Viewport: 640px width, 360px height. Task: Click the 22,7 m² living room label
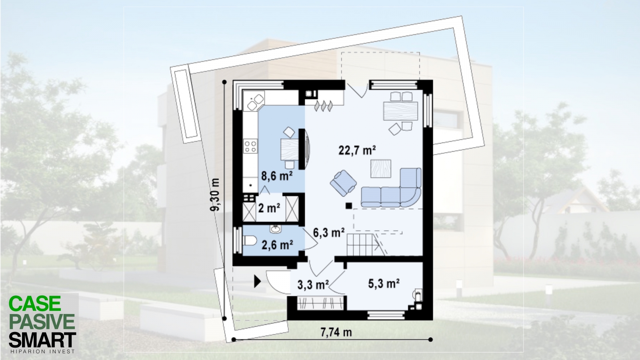point(357,150)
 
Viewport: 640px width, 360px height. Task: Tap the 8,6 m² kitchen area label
point(276,176)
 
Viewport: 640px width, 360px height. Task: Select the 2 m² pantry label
point(269,208)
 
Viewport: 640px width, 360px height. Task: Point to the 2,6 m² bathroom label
point(277,245)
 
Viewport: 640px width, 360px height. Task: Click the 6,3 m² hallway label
point(328,232)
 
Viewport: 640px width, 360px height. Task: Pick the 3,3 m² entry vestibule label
point(313,285)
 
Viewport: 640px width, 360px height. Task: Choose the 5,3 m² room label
point(384,284)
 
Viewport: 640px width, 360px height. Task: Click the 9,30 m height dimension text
point(215,195)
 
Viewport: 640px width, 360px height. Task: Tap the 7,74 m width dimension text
point(336,332)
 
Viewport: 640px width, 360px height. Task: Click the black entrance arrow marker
point(258,281)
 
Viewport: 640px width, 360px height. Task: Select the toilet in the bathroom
point(250,240)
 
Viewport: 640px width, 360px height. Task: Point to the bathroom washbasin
point(276,228)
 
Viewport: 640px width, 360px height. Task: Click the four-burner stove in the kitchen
point(250,146)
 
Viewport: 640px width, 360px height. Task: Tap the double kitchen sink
point(255,102)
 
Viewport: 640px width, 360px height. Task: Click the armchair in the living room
point(343,183)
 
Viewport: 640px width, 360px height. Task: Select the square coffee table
point(380,168)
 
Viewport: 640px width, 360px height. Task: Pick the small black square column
point(348,206)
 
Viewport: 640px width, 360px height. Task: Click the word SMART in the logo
point(42,340)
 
